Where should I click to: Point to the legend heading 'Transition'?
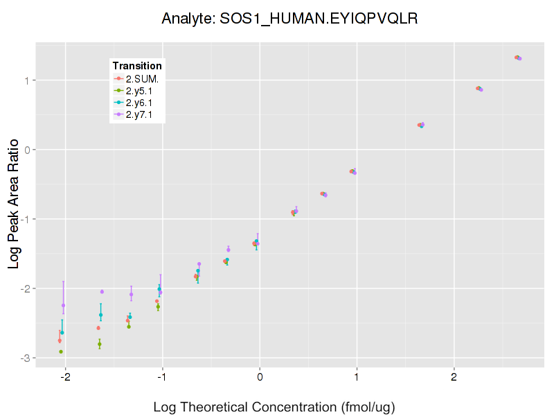click(x=137, y=66)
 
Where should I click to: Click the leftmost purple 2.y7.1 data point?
click(x=64, y=305)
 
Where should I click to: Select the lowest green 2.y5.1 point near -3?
click(x=61, y=352)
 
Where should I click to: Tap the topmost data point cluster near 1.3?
click(x=517, y=58)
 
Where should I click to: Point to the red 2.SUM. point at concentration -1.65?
click(x=98, y=328)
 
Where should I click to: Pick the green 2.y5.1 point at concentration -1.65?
click(x=100, y=344)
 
